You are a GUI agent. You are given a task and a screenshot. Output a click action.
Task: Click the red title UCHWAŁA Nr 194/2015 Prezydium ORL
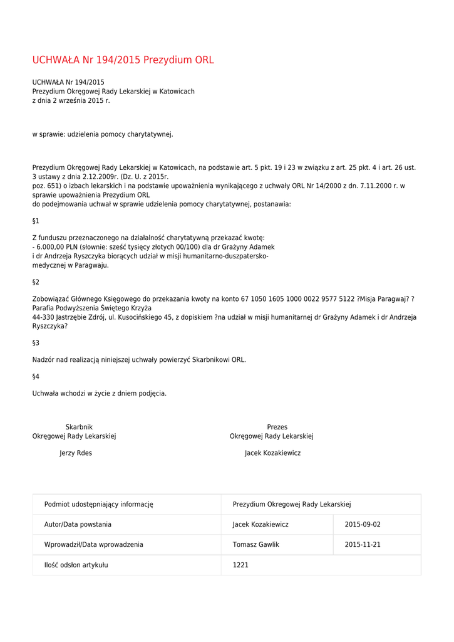click(123, 60)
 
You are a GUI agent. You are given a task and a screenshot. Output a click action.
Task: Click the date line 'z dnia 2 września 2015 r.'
click(71, 100)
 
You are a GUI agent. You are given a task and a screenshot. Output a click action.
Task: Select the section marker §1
click(36, 221)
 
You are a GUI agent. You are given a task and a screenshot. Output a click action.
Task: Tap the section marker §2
click(36, 282)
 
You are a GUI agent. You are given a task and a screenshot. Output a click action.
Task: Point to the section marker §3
click(36, 343)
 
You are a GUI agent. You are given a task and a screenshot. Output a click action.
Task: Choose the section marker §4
click(36, 376)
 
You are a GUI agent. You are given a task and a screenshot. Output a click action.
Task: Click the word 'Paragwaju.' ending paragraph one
click(92, 265)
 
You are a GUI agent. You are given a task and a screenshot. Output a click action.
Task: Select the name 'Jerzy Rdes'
click(76, 453)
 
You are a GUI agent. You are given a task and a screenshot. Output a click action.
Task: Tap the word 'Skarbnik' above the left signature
click(79, 427)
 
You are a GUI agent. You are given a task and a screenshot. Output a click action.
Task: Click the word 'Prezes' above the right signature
click(277, 427)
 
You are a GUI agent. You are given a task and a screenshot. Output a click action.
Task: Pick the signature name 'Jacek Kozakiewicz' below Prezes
click(272, 453)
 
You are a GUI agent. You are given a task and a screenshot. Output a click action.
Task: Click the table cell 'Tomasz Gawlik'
click(255, 545)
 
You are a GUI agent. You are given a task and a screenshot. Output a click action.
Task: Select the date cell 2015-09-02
click(363, 525)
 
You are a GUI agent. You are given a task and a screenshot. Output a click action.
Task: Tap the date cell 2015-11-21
click(363, 545)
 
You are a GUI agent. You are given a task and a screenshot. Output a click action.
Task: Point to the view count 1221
click(240, 565)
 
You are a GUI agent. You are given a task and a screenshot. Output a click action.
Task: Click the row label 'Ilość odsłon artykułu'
click(76, 565)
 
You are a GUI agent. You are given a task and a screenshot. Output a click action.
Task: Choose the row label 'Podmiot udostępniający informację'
click(98, 504)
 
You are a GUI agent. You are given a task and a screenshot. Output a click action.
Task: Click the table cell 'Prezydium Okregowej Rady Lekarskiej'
click(292, 504)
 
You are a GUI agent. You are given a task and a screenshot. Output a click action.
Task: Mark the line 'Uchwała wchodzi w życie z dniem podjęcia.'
click(100, 393)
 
